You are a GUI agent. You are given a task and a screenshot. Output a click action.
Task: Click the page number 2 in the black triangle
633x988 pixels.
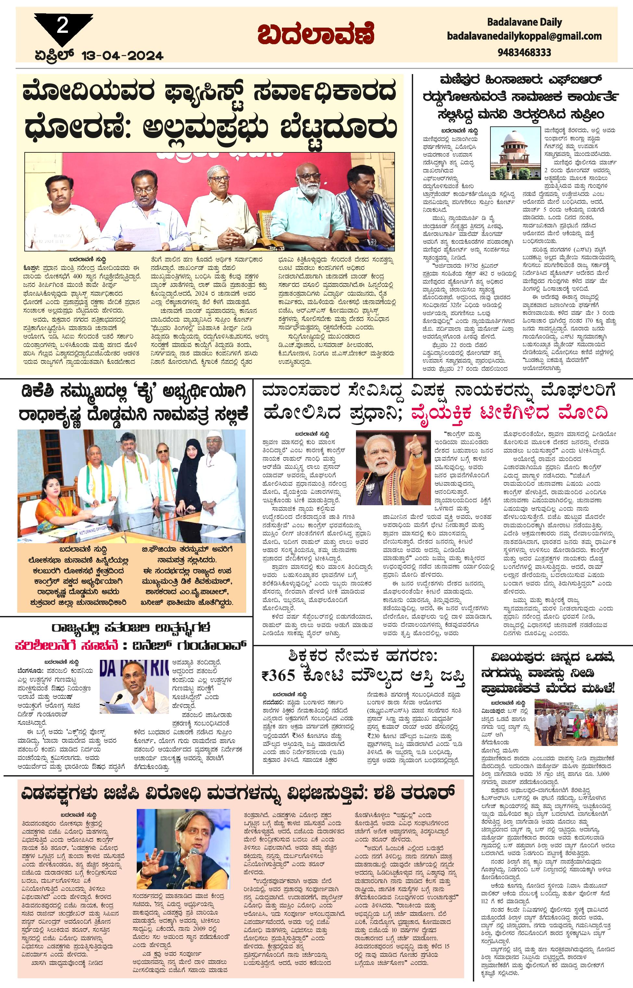click(x=62, y=26)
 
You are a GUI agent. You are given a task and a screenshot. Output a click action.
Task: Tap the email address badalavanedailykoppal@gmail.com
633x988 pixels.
click(x=524, y=36)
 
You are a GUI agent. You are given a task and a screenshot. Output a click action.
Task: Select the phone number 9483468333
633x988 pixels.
click(x=524, y=52)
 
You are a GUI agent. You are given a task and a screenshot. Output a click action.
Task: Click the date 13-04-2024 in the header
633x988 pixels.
click(x=122, y=55)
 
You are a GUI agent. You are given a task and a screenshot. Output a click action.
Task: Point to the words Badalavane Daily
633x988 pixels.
click(x=524, y=22)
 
